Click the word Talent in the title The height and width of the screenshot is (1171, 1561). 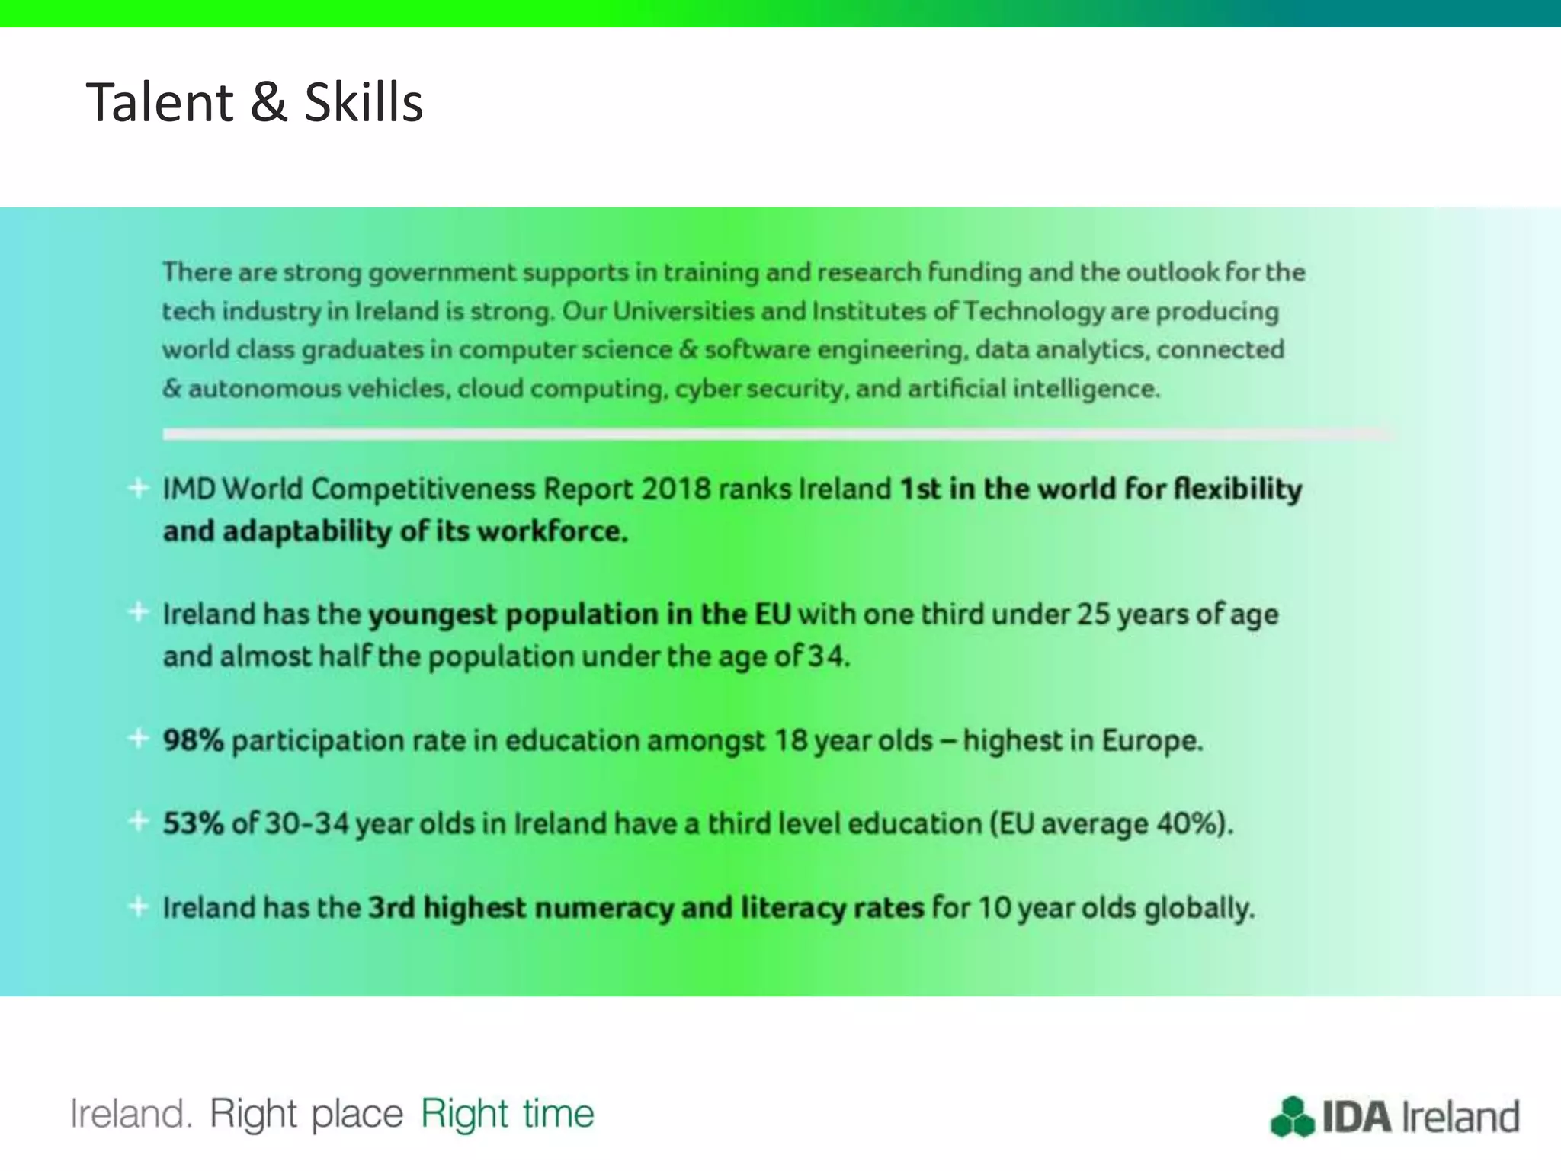pyautogui.click(x=160, y=102)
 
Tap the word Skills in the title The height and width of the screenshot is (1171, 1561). pyautogui.click(x=364, y=102)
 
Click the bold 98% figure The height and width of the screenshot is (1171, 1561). pyautogui.click(x=193, y=740)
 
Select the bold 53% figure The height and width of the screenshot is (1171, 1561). pyautogui.click(x=193, y=823)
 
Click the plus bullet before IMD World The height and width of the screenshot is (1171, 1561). pyautogui.click(x=138, y=487)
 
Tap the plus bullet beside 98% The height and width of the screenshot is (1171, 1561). pyautogui.click(x=138, y=738)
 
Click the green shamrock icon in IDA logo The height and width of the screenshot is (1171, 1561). pyautogui.click(x=1293, y=1117)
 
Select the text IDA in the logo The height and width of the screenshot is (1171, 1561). pyautogui.click(x=1357, y=1117)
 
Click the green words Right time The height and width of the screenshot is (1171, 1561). pyautogui.click(x=507, y=1114)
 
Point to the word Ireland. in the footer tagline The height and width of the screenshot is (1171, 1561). pyautogui.click(x=130, y=1114)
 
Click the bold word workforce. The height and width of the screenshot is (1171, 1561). pyautogui.click(x=552, y=531)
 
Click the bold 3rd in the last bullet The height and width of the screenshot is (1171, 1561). pyautogui.click(x=391, y=908)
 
